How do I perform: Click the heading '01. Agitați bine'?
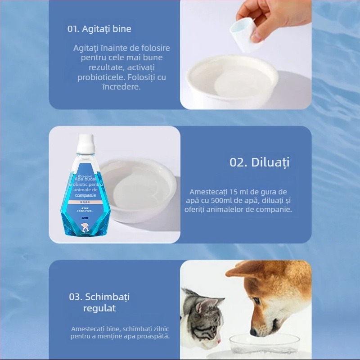(99, 29)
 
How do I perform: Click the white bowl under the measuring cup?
(232, 81)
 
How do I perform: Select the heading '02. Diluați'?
(259, 162)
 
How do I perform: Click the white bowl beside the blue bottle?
(137, 189)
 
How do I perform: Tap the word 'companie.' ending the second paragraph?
(276, 209)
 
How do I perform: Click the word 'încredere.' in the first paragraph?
(121, 87)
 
